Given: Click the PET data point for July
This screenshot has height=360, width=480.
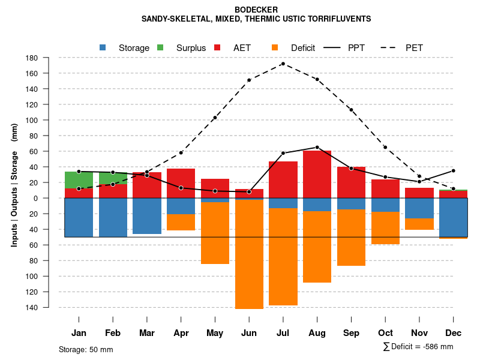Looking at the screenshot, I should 283,64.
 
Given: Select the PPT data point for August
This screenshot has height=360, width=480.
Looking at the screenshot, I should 317,147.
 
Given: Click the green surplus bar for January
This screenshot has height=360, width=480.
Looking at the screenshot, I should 79,180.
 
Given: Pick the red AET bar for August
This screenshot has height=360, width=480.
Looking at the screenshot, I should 317,174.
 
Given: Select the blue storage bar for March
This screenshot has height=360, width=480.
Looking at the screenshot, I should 147,216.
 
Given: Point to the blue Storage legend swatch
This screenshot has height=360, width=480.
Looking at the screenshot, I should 103,47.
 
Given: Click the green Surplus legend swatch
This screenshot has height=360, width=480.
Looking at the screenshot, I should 160,47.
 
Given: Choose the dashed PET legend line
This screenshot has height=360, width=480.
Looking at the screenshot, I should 392,47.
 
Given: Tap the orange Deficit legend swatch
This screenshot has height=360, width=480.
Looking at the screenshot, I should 275,47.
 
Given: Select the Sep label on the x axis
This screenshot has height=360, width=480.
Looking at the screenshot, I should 351,333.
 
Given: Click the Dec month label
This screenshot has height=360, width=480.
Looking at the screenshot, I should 454,333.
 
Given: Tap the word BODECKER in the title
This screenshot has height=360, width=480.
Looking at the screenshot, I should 256,10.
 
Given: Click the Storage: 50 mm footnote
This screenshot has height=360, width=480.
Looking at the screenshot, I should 86,349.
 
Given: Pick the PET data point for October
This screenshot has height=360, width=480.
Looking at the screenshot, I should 385,147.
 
